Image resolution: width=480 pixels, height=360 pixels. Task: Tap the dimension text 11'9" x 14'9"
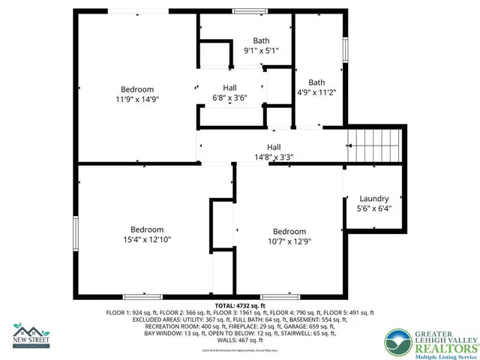click(137, 99)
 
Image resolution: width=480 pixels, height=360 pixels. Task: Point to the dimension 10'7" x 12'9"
click(289, 241)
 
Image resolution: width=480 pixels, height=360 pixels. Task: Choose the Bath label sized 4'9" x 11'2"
click(316, 82)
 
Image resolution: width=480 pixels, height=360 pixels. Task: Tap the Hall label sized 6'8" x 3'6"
click(230, 88)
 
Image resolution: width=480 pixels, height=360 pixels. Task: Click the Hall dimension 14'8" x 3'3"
click(274, 157)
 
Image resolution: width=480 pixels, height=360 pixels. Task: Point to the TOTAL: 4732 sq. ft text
click(241, 306)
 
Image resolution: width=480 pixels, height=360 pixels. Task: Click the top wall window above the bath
click(244, 10)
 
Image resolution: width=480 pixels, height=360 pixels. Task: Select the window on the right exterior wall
click(346, 49)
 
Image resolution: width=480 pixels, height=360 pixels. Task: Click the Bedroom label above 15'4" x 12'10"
click(148, 229)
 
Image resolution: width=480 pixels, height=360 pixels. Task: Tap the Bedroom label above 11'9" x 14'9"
click(137, 89)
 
